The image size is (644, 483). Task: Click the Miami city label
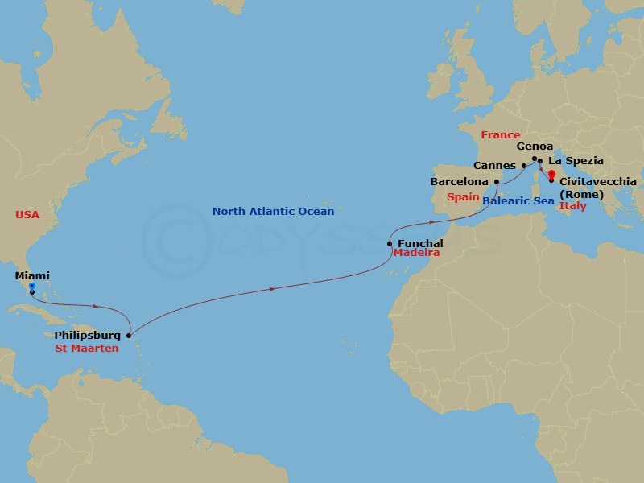32,276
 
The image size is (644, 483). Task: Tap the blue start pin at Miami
31,287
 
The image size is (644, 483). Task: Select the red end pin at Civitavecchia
551,174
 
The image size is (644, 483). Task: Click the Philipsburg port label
89,335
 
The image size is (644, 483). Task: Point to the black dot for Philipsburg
129,335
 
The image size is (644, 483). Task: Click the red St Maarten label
87,349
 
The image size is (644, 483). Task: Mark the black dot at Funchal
390,243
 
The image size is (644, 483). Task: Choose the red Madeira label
416,253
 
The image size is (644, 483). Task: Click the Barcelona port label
460,182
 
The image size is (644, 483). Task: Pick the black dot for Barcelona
497,182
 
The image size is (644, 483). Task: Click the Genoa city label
535,147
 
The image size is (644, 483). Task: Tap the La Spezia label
576,161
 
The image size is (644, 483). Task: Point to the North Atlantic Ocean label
273,212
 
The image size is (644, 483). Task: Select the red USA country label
27,214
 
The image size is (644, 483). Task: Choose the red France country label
499,134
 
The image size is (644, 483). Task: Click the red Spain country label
464,196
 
